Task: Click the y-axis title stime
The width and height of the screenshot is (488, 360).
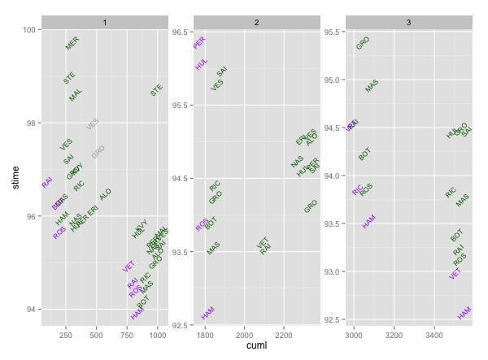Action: coord(15,174)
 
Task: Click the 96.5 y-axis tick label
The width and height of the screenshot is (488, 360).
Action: coord(181,32)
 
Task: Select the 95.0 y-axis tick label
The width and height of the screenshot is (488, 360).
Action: coord(333,80)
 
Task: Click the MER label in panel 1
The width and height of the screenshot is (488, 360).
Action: coord(73,44)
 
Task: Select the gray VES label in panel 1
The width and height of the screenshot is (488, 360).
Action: coord(93,124)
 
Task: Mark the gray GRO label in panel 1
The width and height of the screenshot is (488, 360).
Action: coord(98,152)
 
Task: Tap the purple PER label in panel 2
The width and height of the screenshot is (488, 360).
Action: coord(199,42)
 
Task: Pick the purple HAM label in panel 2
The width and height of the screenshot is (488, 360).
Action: coord(208,312)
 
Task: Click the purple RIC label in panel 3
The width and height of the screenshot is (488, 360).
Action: coord(358,190)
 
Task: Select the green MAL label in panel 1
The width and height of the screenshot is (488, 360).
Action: coord(76,95)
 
